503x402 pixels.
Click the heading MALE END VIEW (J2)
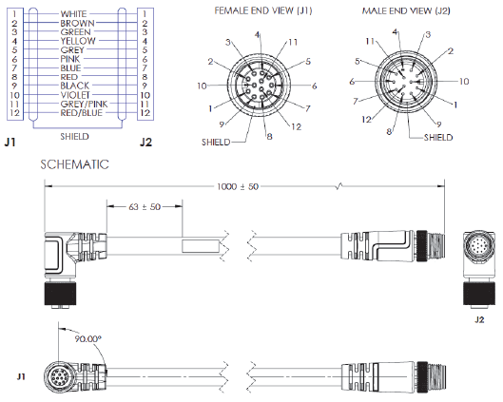[x=406, y=10]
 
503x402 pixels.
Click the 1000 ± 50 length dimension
[x=238, y=186]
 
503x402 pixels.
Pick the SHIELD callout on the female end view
[x=217, y=141]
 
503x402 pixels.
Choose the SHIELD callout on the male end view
[x=437, y=136]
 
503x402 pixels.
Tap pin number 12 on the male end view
[x=366, y=120]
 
